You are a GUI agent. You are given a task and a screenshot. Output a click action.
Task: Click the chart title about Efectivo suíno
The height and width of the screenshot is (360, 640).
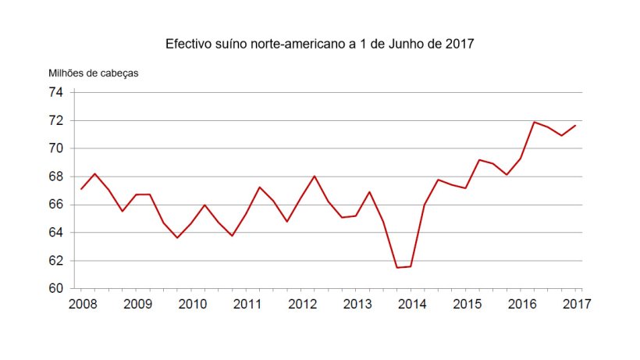[320, 44]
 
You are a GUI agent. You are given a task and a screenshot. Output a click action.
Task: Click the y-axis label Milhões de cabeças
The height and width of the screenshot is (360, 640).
[94, 73]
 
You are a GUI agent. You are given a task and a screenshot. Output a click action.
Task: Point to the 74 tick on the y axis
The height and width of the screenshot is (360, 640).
[55, 93]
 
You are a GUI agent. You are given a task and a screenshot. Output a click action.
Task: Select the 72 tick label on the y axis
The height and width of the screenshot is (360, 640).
[55, 121]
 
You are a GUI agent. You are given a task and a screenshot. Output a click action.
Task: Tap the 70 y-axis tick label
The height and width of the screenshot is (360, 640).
[55, 148]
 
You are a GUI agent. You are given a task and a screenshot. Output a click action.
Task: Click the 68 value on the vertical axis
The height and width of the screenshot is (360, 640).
[55, 176]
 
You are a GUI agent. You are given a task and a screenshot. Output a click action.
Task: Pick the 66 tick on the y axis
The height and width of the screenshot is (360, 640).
[55, 205]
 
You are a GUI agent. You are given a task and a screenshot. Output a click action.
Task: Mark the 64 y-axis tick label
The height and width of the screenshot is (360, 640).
[55, 233]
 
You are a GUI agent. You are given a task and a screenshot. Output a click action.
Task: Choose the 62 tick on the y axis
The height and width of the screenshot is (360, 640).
[55, 261]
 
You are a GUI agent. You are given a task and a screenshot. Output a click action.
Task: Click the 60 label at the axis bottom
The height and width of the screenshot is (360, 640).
[55, 288]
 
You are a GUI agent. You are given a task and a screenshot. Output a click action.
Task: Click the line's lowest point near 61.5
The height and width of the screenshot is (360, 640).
[397, 268]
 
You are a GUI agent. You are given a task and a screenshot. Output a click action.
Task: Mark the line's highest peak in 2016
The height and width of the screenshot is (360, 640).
[534, 122]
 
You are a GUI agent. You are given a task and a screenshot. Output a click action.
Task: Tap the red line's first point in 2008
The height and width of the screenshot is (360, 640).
[81, 189]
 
